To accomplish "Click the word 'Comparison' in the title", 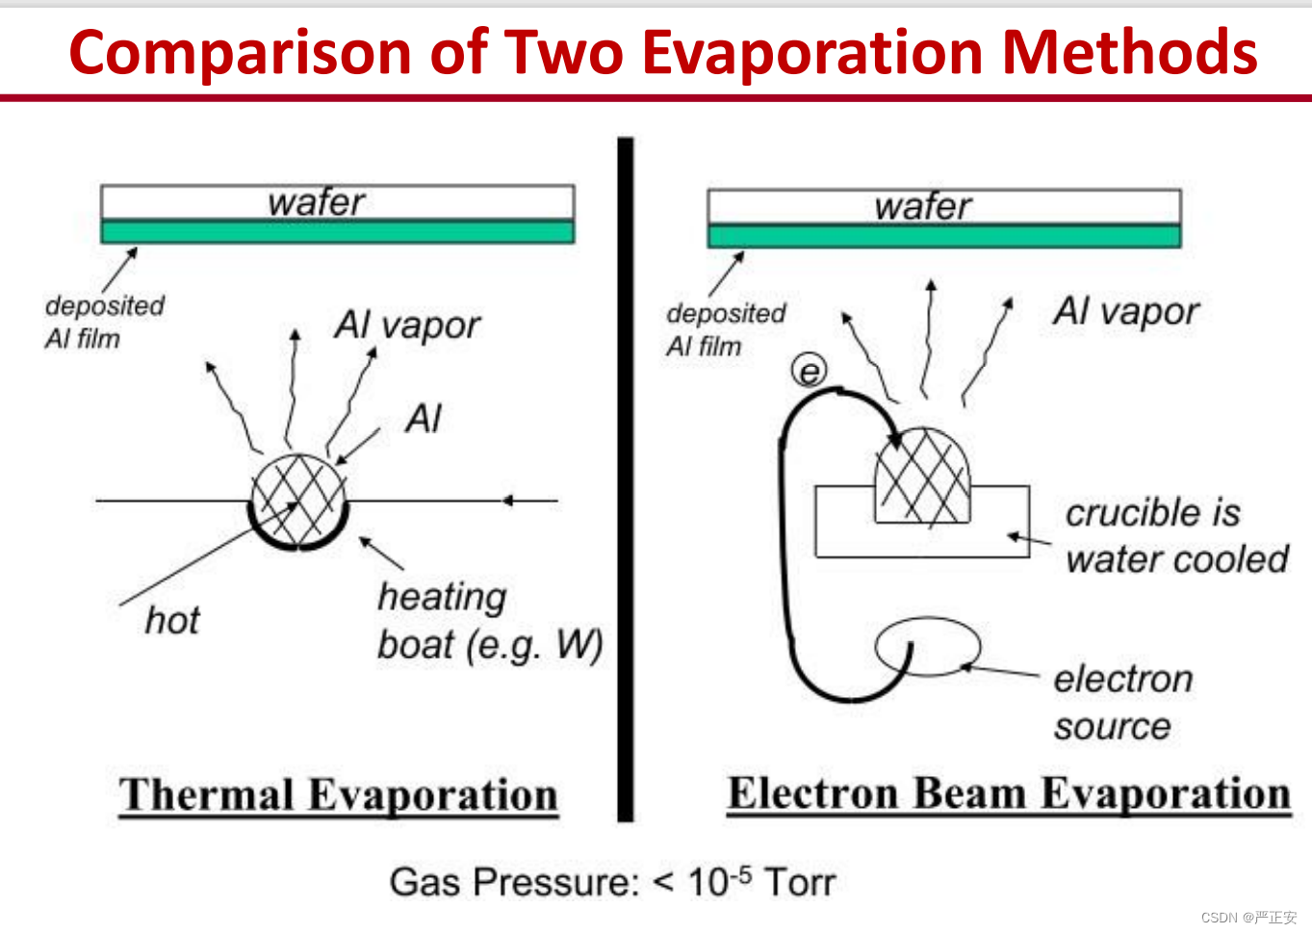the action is point(240,54).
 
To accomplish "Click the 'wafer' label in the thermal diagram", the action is point(317,203).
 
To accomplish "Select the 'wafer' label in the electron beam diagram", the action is point(923,207).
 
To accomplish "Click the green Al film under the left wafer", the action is point(337,231).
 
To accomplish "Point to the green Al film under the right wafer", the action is point(944,236).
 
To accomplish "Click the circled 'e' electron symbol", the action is point(809,371).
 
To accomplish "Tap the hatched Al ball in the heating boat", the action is point(298,501).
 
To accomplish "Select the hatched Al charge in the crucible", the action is point(922,476).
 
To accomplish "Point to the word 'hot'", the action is point(173,620).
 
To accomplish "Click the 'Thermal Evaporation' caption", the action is point(338,795).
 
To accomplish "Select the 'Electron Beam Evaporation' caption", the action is point(1009,793).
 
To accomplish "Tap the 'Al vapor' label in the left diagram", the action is point(407,325).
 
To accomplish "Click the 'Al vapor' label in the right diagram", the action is point(1126,312).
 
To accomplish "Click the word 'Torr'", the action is point(800,882).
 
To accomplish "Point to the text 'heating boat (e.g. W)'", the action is point(490,622).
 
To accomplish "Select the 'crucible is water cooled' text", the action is point(1177,535).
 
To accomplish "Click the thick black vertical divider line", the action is point(626,480).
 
